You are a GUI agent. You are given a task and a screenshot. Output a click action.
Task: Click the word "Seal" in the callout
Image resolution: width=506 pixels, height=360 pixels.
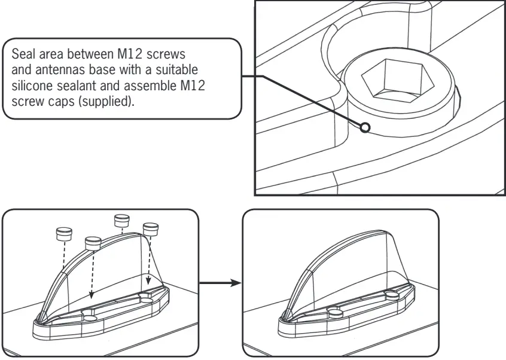(23, 55)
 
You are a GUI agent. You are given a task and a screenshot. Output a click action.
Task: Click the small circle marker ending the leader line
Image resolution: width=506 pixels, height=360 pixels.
(365, 127)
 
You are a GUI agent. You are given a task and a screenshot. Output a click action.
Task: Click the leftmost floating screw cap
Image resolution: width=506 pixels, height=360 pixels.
(64, 233)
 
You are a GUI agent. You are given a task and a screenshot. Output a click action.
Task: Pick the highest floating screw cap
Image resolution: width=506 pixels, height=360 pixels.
(122, 220)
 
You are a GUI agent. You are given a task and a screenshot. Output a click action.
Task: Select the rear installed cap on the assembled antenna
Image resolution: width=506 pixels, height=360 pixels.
(392, 295)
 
